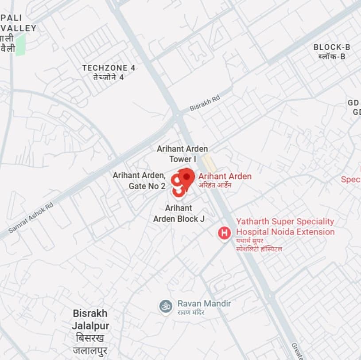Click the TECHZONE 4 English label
click(109, 68)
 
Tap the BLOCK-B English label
click(332, 47)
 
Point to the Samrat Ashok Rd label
click(31, 218)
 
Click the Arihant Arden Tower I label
click(182, 154)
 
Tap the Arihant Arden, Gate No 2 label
click(139, 180)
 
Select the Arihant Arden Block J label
click(179, 213)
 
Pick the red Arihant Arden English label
click(225, 176)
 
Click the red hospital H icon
click(225, 232)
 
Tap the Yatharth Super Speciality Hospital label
click(285, 227)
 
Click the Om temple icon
click(166, 305)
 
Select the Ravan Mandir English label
click(204, 303)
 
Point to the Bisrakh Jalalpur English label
click(90, 320)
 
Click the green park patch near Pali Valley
click(20, 44)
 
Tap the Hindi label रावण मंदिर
click(191, 313)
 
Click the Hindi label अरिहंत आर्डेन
click(215, 185)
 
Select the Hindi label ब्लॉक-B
click(332, 56)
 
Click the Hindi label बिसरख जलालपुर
click(90, 345)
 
